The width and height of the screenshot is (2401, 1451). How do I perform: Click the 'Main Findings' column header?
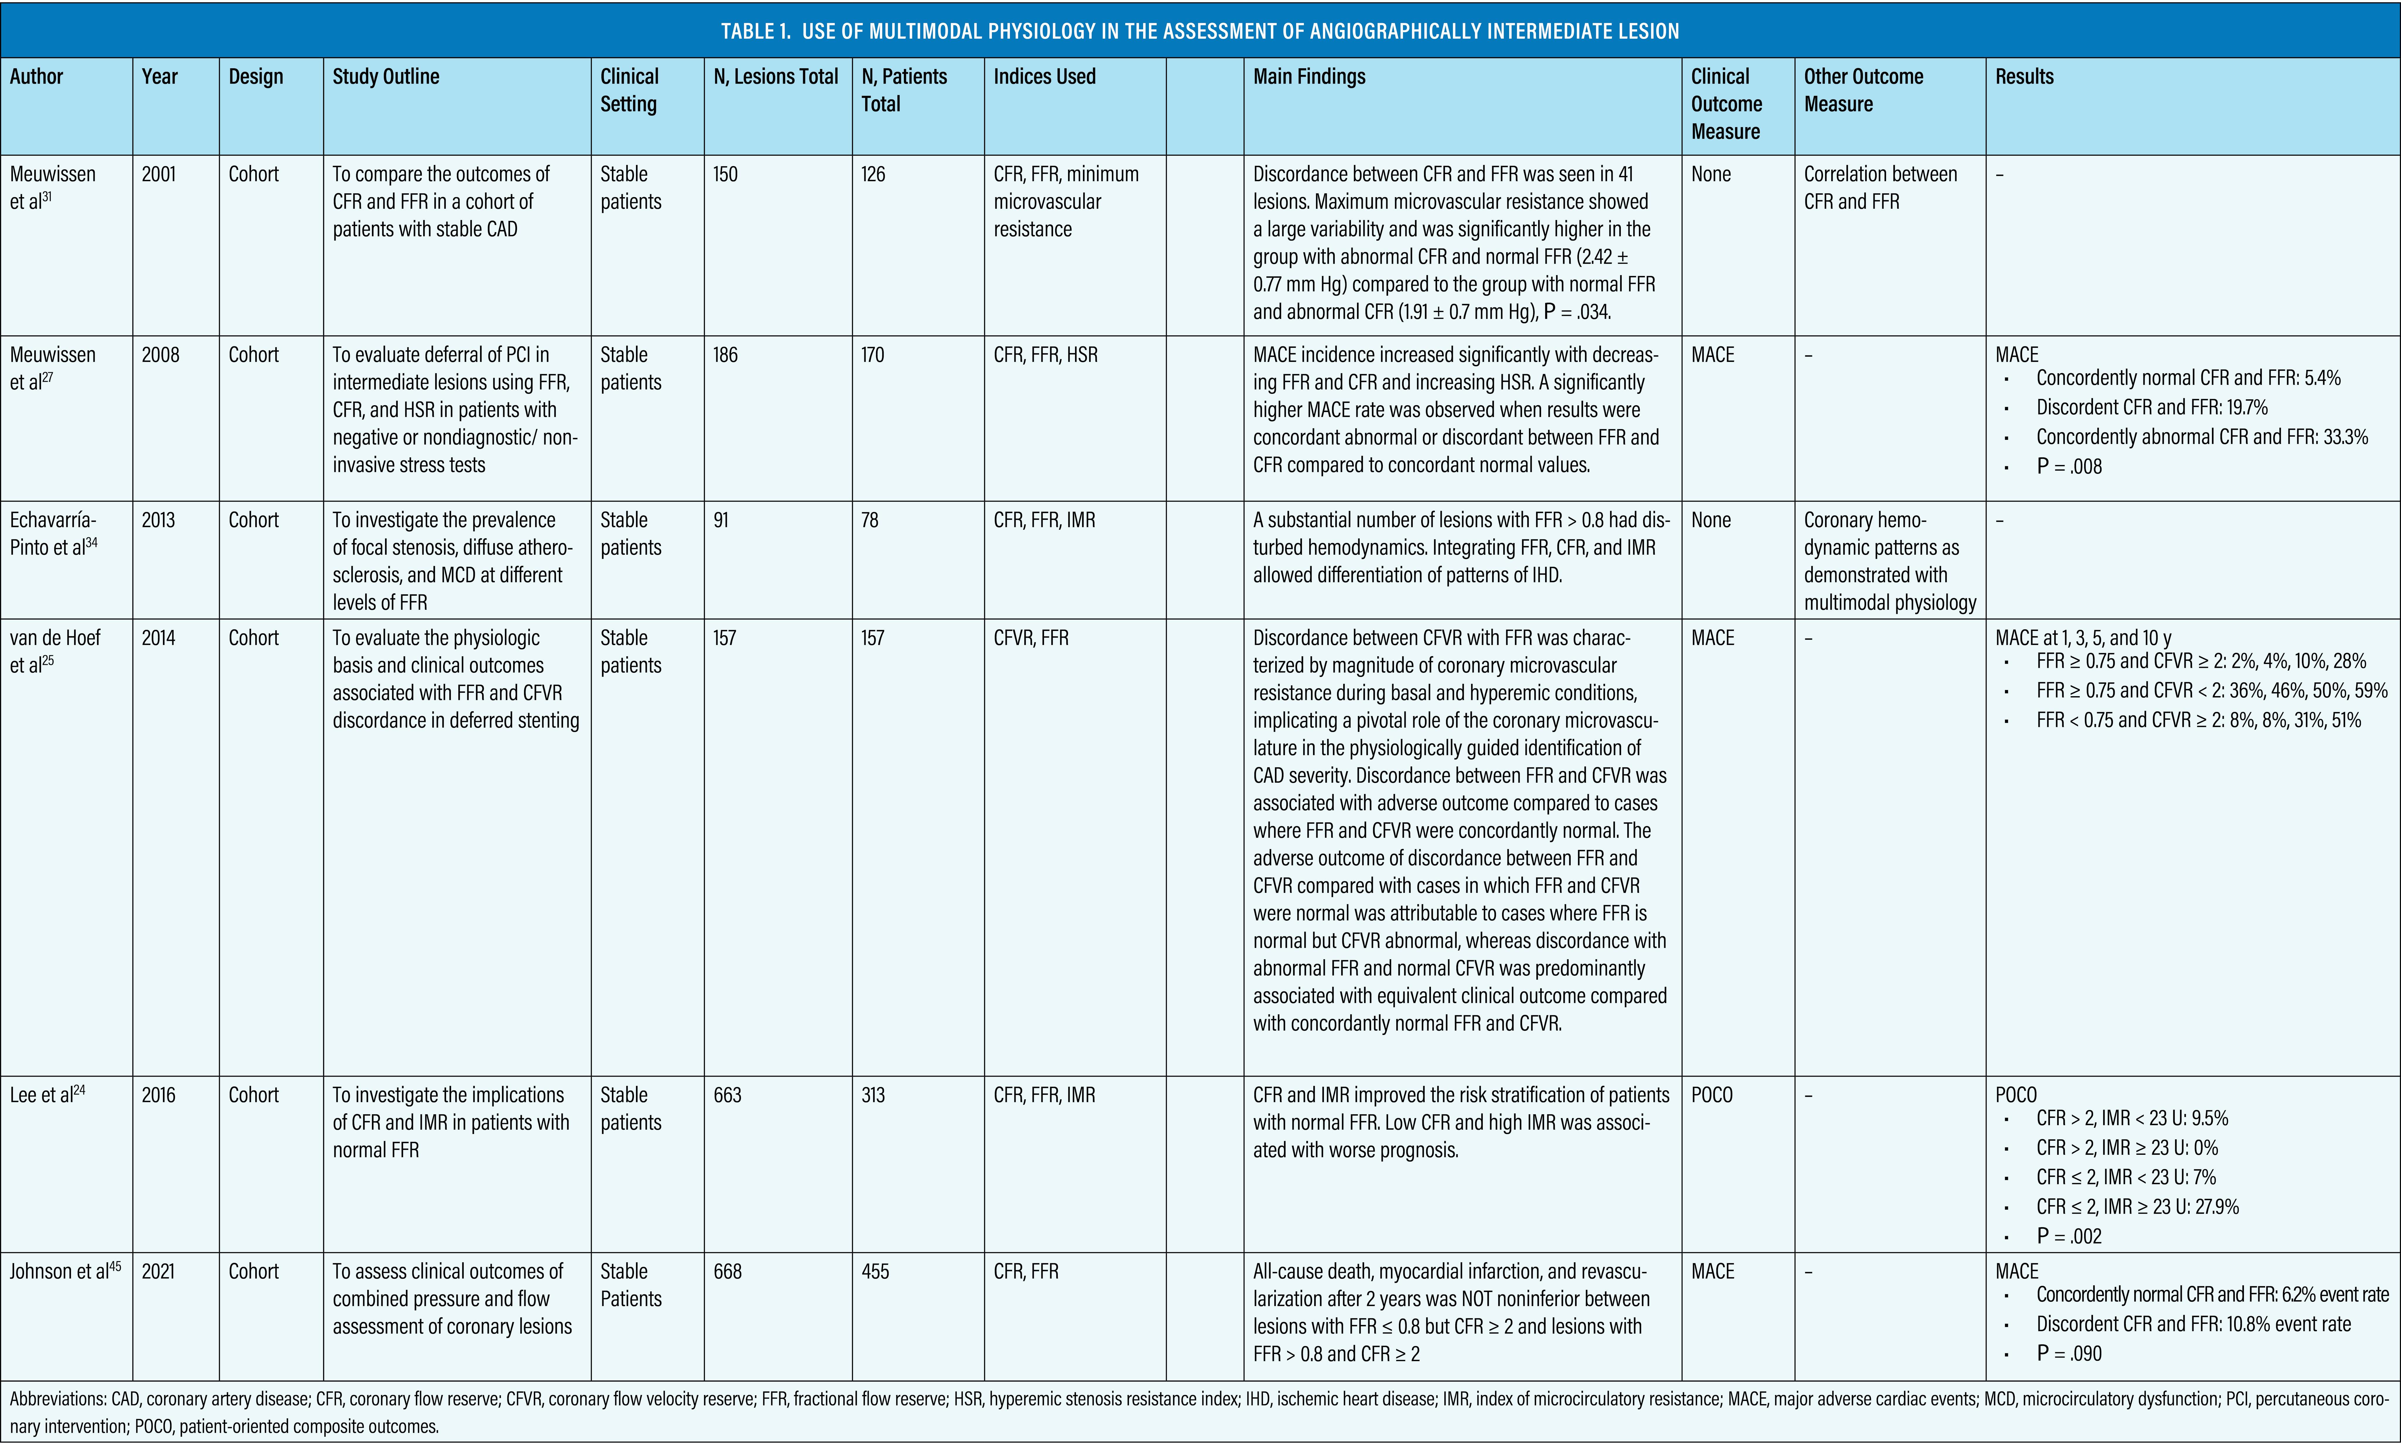(x=1309, y=77)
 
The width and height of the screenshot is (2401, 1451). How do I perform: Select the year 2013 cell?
(x=159, y=520)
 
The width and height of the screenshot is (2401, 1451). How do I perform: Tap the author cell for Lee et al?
(x=47, y=1095)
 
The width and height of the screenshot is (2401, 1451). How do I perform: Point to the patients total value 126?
(x=873, y=174)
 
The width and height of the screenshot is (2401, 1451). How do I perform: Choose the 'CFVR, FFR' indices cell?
(x=1030, y=638)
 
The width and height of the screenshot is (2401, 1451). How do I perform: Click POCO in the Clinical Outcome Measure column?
(x=1712, y=1095)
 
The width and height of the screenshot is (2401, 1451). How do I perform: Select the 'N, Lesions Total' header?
(x=776, y=77)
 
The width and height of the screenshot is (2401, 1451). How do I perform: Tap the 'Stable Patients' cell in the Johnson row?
(x=630, y=1285)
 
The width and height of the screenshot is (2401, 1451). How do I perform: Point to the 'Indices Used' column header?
(x=1044, y=77)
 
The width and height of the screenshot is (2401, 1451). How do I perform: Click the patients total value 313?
(x=873, y=1095)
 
